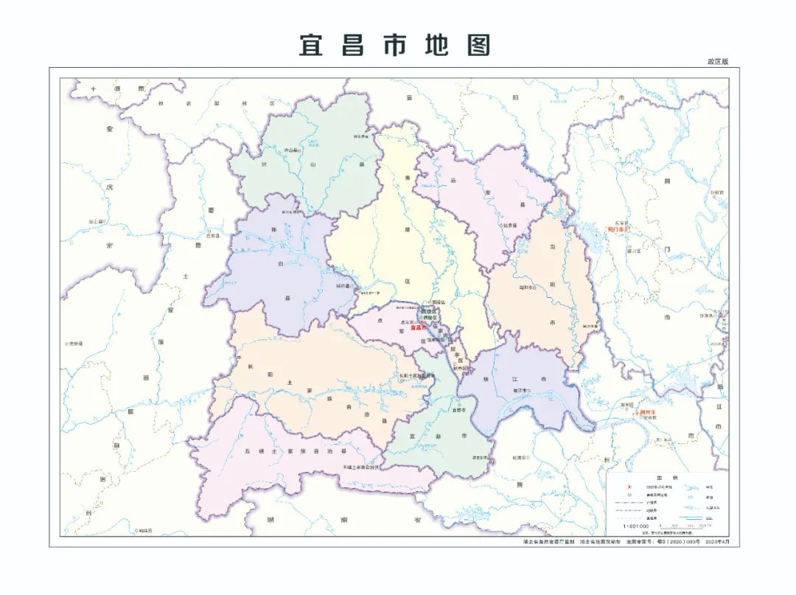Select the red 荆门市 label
(615, 229)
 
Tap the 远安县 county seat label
(510, 225)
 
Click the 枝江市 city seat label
(523, 389)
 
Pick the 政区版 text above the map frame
(717, 62)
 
